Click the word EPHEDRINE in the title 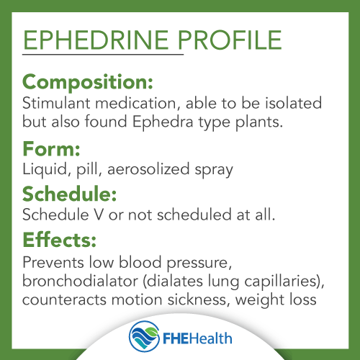click(96, 40)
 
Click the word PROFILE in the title click(230, 40)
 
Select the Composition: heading click(88, 83)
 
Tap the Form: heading click(51, 149)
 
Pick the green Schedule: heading click(69, 194)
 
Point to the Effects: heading click(59, 239)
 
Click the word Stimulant click(56, 103)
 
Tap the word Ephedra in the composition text click(163, 122)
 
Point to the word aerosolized click(148, 169)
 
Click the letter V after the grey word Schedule click(99, 215)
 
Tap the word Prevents click(53, 262)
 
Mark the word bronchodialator click(80, 281)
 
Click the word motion click(137, 300)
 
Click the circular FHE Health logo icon click(144, 336)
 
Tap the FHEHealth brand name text click(197, 338)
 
